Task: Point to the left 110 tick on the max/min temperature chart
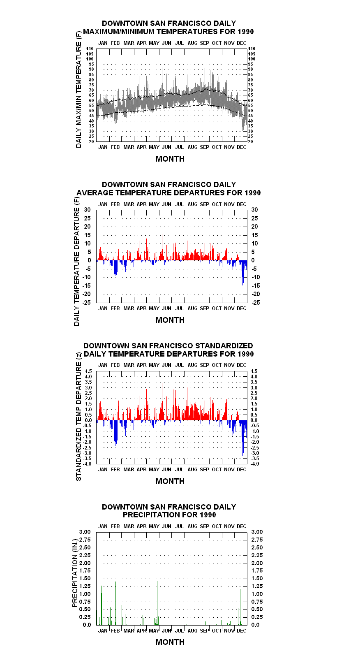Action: point(90,49)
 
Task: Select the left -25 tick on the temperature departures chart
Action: point(87,302)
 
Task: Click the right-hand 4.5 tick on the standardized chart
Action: point(254,371)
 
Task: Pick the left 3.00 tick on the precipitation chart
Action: point(85,532)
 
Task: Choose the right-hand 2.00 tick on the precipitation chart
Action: point(257,563)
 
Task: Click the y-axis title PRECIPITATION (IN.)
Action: point(75,573)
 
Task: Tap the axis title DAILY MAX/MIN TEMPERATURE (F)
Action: point(78,89)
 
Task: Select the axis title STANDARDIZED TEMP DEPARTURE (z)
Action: point(78,416)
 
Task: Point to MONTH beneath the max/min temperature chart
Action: point(170,159)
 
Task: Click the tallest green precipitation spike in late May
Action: point(157,603)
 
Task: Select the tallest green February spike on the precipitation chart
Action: point(116,603)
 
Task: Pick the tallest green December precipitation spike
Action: point(240,607)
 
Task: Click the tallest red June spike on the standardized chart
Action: point(162,402)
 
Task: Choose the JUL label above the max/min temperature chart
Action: point(179,43)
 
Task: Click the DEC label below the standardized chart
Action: point(242,470)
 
